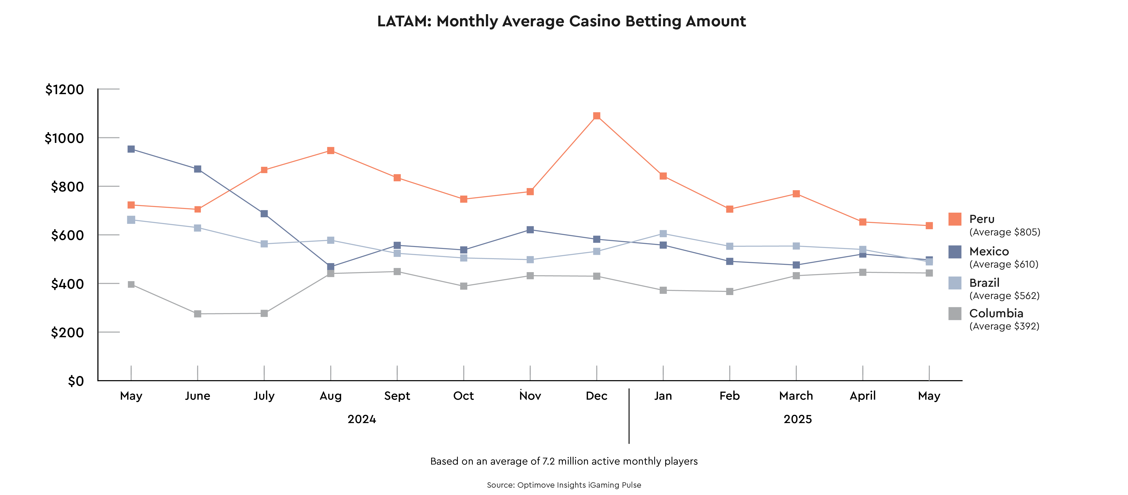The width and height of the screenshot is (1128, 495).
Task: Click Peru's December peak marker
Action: pyautogui.click(x=596, y=116)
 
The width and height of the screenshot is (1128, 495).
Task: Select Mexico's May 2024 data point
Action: pyautogui.click(x=131, y=149)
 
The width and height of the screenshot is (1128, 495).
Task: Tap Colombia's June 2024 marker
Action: pyautogui.click(x=197, y=314)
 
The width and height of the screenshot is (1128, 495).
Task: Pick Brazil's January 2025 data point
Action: pyautogui.click(x=663, y=234)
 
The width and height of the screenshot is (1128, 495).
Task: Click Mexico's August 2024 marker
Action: pyautogui.click(x=331, y=267)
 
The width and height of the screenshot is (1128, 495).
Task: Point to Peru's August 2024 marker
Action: pyautogui.click(x=331, y=150)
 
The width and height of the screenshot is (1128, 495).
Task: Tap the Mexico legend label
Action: pyautogui.click(x=989, y=251)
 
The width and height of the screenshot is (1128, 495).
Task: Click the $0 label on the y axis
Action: pyautogui.click(x=75, y=381)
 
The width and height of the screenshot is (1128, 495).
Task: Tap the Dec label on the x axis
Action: pyautogui.click(x=596, y=396)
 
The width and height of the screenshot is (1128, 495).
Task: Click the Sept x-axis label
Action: pyautogui.click(x=397, y=396)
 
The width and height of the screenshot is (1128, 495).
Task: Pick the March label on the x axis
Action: pyautogui.click(x=796, y=396)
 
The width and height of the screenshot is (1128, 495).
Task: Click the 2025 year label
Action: pyautogui.click(x=797, y=419)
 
